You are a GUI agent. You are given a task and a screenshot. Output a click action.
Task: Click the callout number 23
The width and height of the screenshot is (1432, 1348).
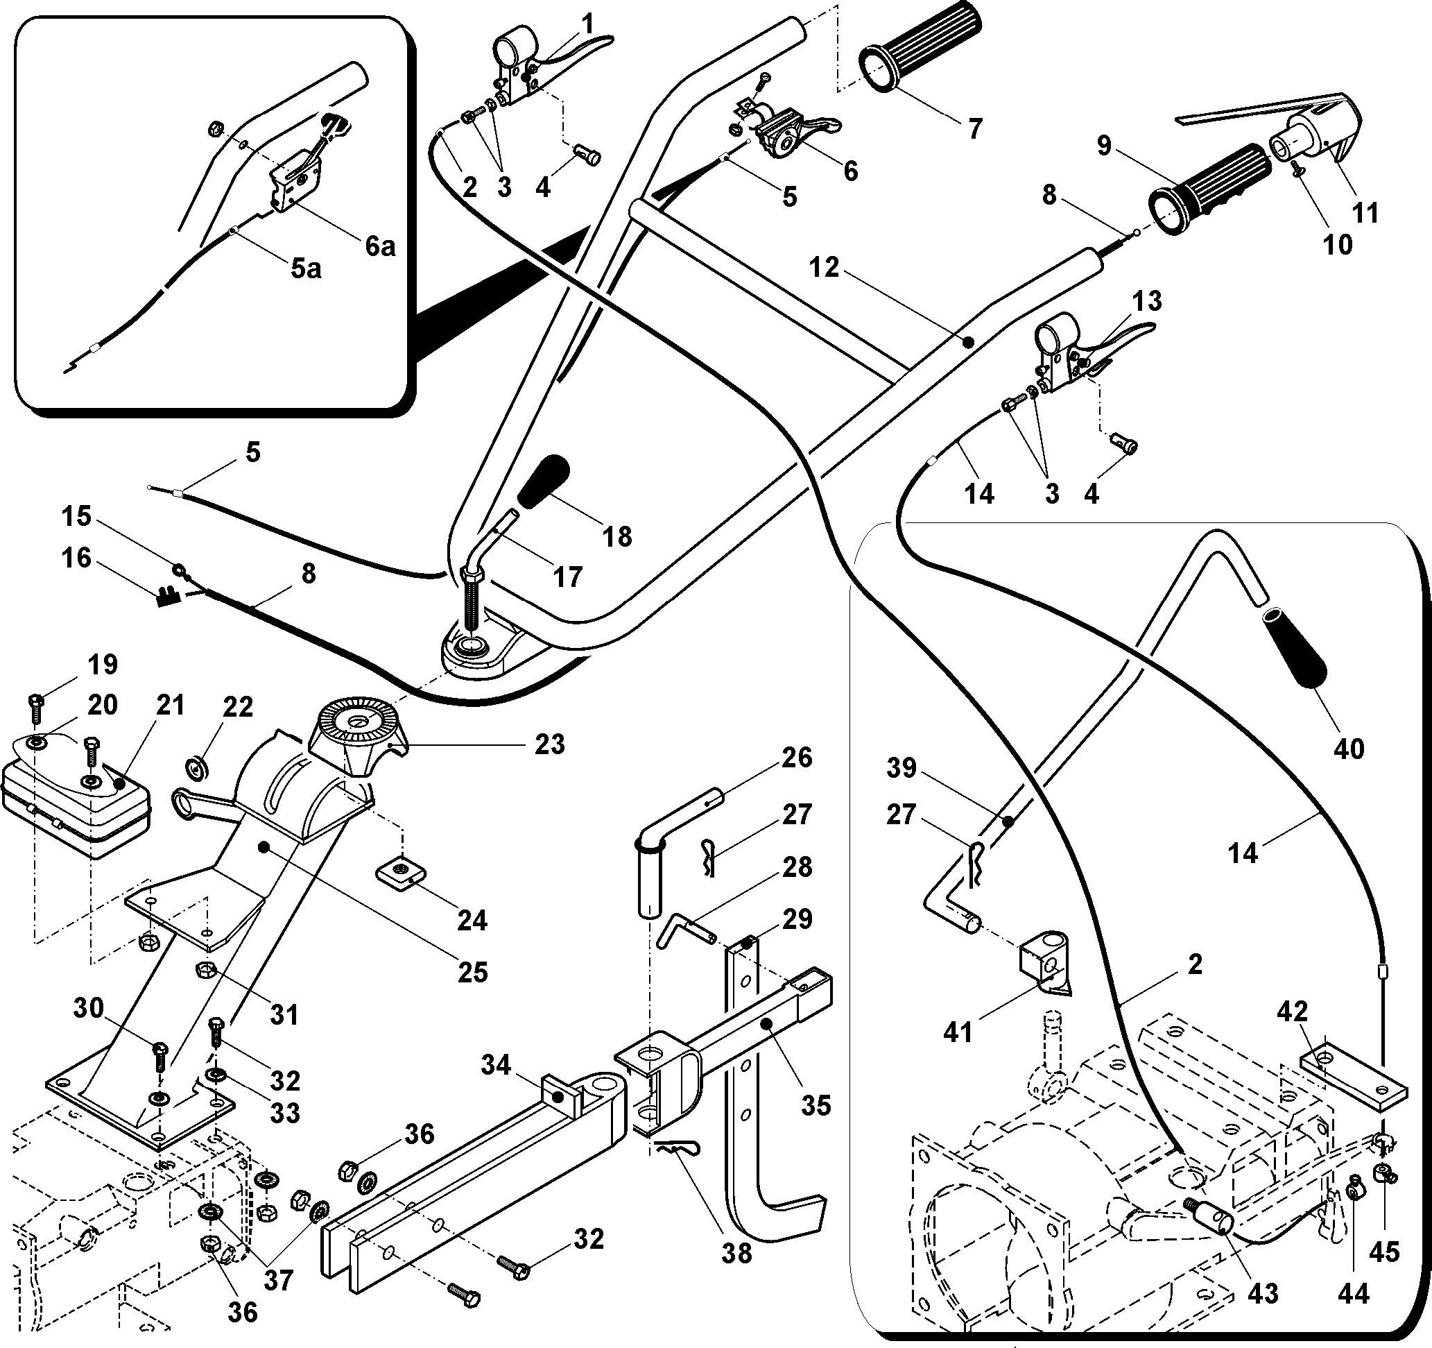tap(550, 744)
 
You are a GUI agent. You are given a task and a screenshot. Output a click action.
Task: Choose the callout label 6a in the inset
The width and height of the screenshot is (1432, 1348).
tap(379, 246)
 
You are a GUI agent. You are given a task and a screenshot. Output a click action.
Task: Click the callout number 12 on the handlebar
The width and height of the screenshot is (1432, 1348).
tap(824, 267)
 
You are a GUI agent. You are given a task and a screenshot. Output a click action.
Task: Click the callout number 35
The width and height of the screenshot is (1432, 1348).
tap(816, 1104)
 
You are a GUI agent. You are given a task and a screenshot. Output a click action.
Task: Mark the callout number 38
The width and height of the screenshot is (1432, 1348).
tap(737, 1253)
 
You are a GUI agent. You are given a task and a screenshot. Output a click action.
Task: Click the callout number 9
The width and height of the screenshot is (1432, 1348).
tap(1104, 146)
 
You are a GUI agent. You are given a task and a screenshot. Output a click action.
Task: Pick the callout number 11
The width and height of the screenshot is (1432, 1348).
tap(1365, 212)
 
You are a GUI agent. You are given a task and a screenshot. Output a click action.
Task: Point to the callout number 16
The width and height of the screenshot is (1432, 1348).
tap(76, 558)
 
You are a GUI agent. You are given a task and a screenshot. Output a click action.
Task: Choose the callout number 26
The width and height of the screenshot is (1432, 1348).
tap(796, 757)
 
